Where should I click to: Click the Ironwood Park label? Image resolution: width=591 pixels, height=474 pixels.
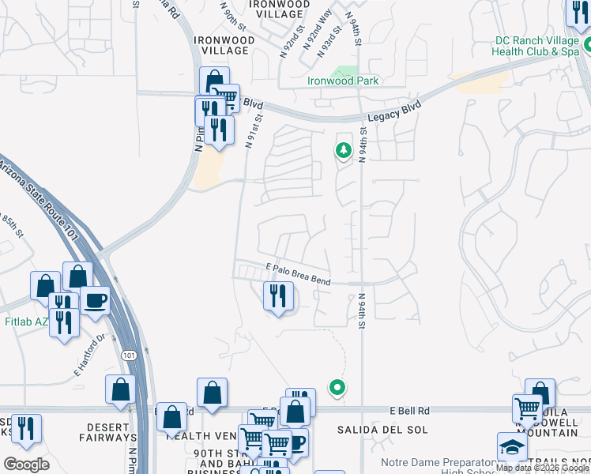click(x=343, y=81)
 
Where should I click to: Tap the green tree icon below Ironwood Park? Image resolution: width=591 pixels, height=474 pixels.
click(x=343, y=149)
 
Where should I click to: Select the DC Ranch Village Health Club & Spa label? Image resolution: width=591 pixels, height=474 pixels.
click(x=536, y=46)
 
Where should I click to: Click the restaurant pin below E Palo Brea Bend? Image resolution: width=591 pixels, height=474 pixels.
click(x=277, y=296)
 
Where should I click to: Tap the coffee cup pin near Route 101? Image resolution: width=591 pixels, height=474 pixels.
click(x=95, y=302)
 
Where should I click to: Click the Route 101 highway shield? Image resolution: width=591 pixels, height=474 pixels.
click(x=129, y=356)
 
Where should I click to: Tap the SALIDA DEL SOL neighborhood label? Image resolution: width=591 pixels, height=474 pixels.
click(x=382, y=430)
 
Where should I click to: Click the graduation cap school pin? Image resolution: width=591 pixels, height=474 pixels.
click(x=512, y=447)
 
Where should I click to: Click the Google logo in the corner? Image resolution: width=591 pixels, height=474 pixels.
click(x=27, y=464)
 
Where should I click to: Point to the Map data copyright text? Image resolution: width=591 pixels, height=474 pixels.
click(x=542, y=468)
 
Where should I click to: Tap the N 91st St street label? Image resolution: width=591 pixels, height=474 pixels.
click(x=252, y=130)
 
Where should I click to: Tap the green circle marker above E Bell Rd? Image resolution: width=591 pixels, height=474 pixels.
click(x=337, y=387)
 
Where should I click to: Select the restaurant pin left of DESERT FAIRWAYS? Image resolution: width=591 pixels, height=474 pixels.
click(x=26, y=428)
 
